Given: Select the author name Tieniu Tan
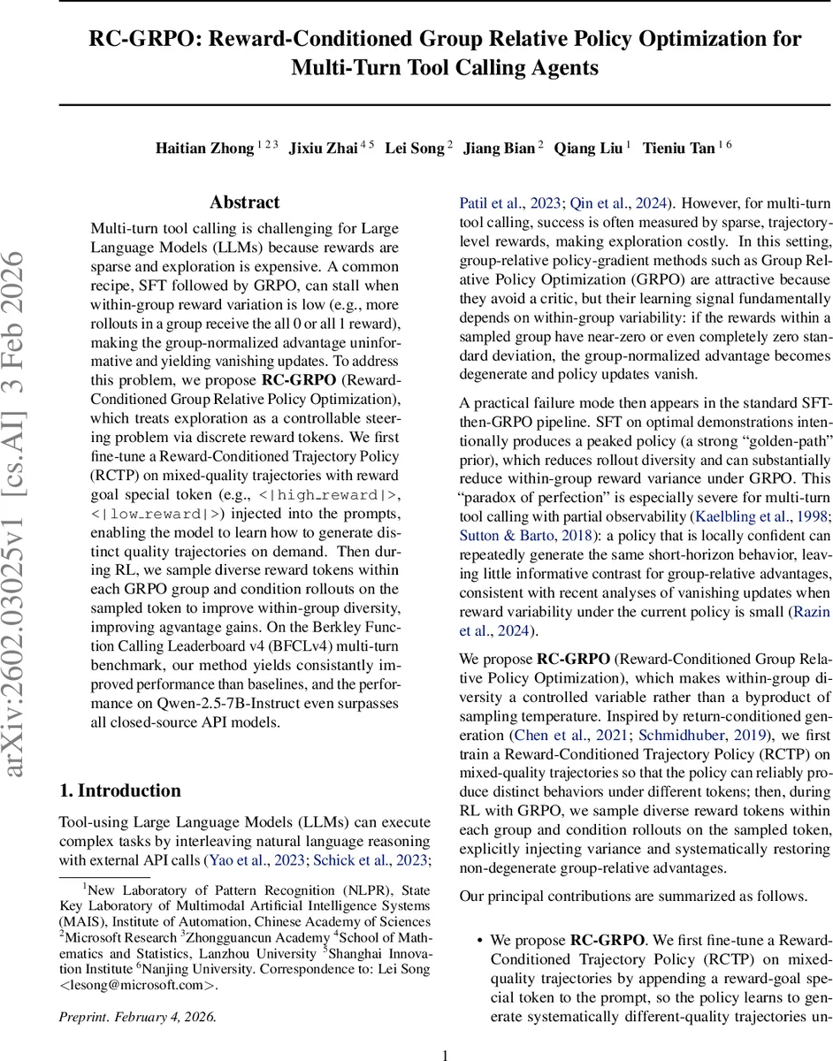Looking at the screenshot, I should [678, 149].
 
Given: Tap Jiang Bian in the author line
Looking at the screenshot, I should [500, 149].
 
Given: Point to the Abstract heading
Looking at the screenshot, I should [245, 202].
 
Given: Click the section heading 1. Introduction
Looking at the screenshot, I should [119, 790].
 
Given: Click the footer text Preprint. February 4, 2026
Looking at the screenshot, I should [137, 1016].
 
